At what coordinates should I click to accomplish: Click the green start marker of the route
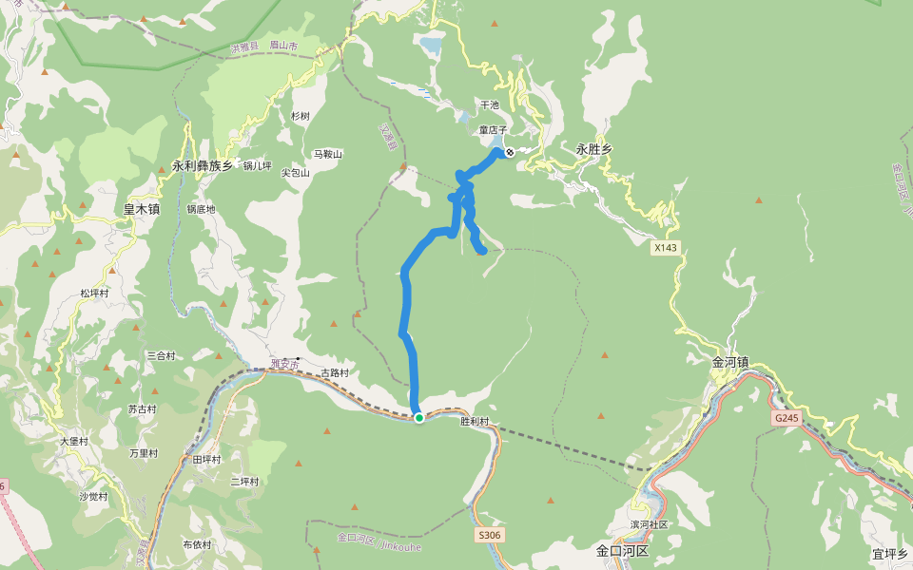pyautogui.click(x=418, y=417)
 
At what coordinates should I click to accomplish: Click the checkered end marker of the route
pyautogui.click(x=510, y=152)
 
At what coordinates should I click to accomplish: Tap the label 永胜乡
pyautogui.click(x=594, y=149)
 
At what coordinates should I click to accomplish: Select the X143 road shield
pyautogui.click(x=666, y=248)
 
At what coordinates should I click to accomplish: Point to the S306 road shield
pyautogui.click(x=488, y=535)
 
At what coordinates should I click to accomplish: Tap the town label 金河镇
pyautogui.click(x=730, y=362)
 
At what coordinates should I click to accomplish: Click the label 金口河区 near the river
pyautogui.click(x=622, y=551)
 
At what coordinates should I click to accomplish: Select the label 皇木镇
pyautogui.click(x=142, y=208)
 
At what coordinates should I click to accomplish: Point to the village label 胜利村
pyautogui.click(x=474, y=421)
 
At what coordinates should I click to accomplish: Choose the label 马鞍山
pyautogui.click(x=327, y=154)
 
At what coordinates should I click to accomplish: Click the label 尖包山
pyautogui.click(x=296, y=173)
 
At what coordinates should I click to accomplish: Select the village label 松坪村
pyautogui.click(x=95, y=294)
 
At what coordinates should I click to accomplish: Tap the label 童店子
pyautogui.click(x=493, y=129)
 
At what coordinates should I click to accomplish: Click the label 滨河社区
pyautogui.click(x=649, y=524)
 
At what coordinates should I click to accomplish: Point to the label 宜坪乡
pyautogui.click(x=889, y=554)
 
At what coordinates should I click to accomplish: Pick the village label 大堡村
pyautogui.click(x=74, y=441)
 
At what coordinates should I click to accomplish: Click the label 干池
pyautogui.click(x=490, y=105)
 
